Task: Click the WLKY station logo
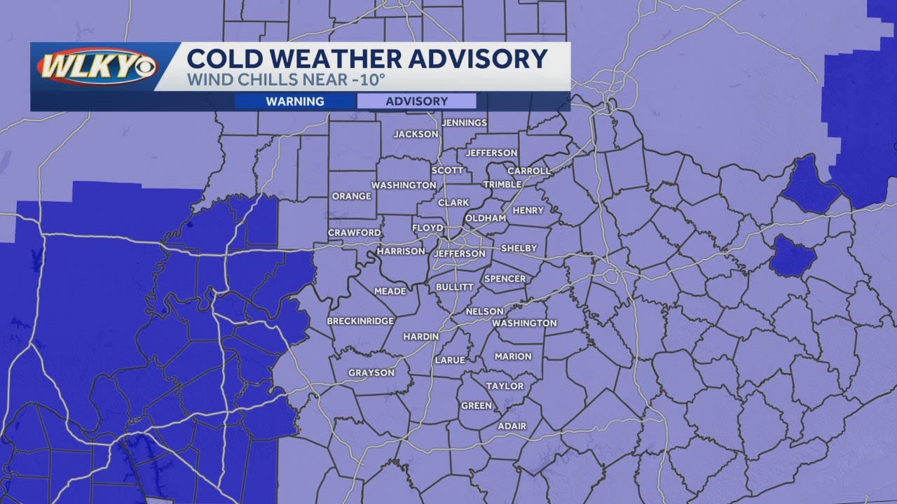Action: pos(97,67)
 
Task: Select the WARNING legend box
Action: pos(295,101)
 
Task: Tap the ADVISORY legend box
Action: pos(416,101)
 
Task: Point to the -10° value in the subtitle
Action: pos(370,80)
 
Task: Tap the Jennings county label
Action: pos(465,122)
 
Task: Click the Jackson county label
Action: pos(416,134)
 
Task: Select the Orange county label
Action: pos(351,196)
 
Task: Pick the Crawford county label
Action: pos(355,232)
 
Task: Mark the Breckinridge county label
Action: pos(360,321)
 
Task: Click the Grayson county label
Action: pos(371,373)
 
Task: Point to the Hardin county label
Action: pos(420,337)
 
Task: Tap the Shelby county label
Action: pos(519,248)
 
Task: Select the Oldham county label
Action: pos(486,218)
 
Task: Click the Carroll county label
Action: pos(529,171)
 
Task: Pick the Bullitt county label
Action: pos(455,287)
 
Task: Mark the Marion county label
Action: pos(513,356)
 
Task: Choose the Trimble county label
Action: pos(502,185)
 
